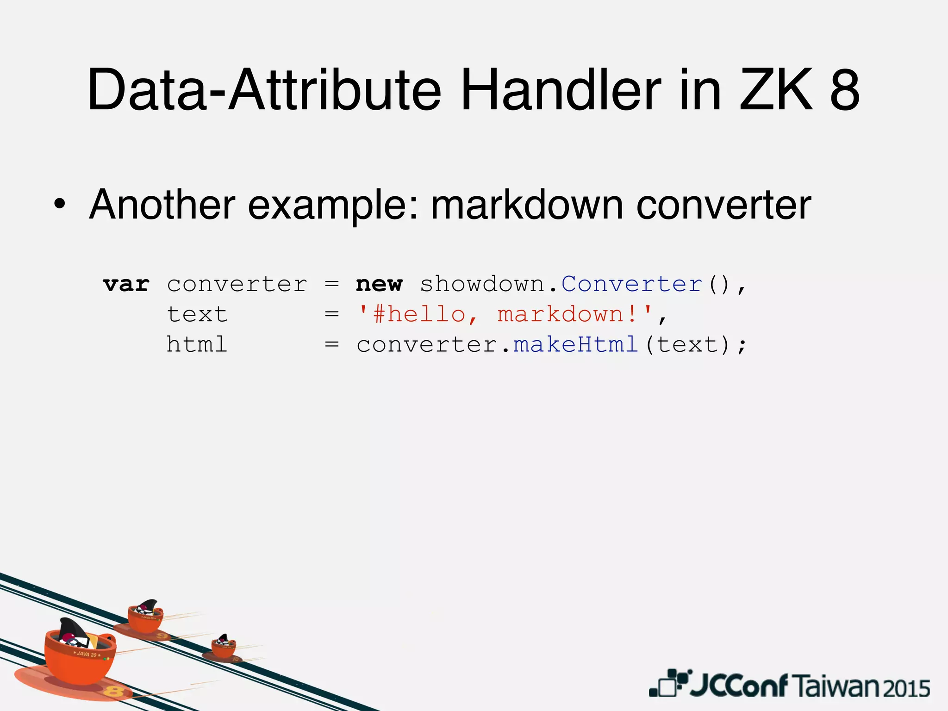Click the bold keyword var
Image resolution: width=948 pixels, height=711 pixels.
click(x=126, y=284)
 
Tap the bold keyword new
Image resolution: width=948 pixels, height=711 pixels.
click(x=379, y=284)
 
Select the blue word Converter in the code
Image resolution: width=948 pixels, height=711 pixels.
click(x=631, y=284)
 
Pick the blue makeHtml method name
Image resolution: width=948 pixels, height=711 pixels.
click(x=576, y=345)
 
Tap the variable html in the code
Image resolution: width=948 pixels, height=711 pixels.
click(x=197, y=345)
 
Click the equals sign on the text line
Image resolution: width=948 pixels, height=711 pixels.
click(x=331, y=315)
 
